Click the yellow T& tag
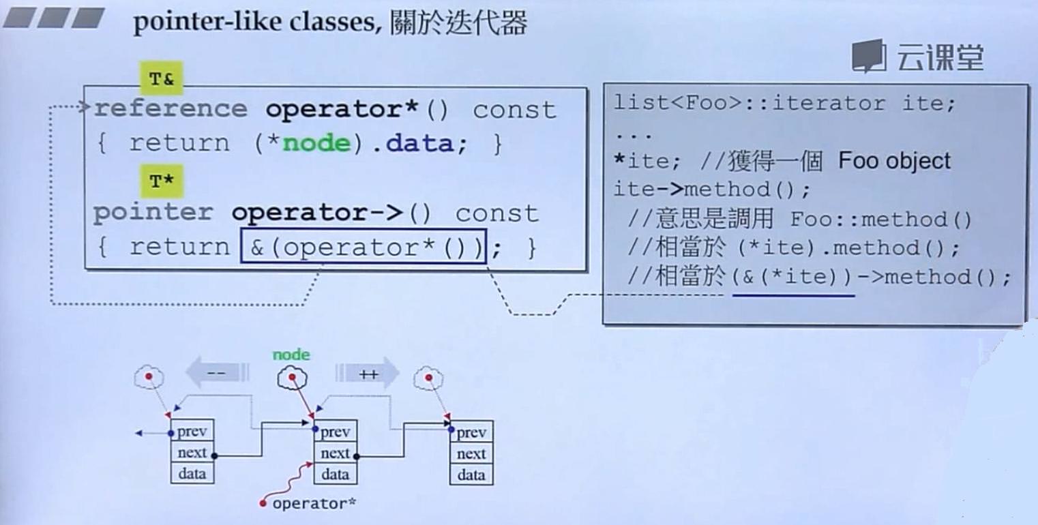(x=162, y=79)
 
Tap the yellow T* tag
(x=162, y=181)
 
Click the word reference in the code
(x=170, y=109)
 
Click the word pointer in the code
(x=153, y=213)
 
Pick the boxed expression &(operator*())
(x=364, y=247)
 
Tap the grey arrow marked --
(x=217, y=373)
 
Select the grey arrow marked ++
(x=367, y=373)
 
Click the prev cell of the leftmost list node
(x=192, y=432)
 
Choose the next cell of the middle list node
(x=335, y=453)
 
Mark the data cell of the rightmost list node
(x=471, y=475)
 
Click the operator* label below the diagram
(x=314, y=504)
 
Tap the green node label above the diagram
(x=291, y=355)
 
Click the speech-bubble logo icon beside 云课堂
(x=869, y=56)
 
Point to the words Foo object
(x=893, y=162)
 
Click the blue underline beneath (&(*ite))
(x=793, y=295)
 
